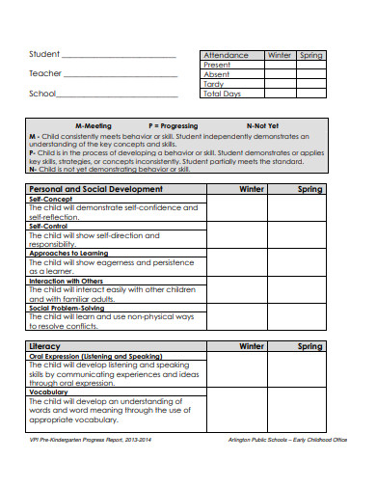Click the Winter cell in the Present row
point(279,65)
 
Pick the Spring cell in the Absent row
point(310,74)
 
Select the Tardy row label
point(213,84)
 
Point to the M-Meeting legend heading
point(93,126)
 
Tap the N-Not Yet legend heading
point(262,126)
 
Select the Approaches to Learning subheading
point(67,253)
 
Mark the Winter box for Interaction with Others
point(252,293)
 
